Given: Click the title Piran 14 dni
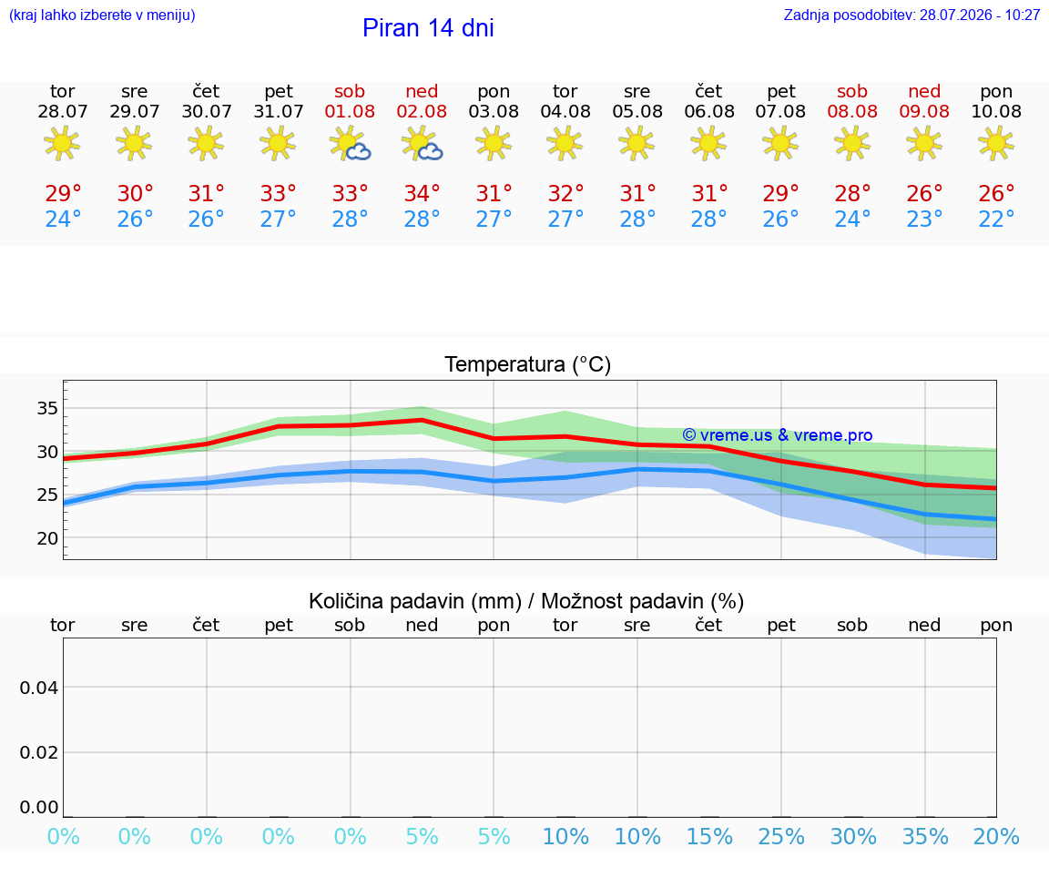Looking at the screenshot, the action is click(428, 28).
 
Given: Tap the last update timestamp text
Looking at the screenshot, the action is click(912, 15).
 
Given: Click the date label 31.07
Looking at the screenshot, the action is click(279, 112).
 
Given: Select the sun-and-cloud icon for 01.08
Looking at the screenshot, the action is click(350, 144).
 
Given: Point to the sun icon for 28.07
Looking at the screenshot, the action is click(62, 143).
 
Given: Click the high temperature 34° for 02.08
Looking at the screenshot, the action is click(423, 193).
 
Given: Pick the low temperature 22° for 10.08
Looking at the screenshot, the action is click(996, 219).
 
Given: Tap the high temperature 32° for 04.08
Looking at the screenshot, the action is click(566, 193).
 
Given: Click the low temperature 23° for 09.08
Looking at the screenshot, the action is click(924, 219).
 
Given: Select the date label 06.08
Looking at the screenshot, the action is click(709, 112).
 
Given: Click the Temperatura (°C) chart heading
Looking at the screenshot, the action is click(528, 364).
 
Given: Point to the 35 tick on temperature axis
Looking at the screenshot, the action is click(47, 408).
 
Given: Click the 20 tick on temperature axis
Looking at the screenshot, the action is click(47, 538).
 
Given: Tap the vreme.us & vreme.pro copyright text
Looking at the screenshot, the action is click(778, 435).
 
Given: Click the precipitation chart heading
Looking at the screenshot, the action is click(526, 602).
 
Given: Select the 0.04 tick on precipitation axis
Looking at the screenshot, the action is click(39, 688).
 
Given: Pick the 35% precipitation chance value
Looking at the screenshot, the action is click(925, 837).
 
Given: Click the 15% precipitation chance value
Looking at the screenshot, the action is click(710, 837).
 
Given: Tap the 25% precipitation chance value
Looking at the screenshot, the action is click(781, 837).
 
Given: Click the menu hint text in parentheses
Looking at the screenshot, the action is click(102, 15).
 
